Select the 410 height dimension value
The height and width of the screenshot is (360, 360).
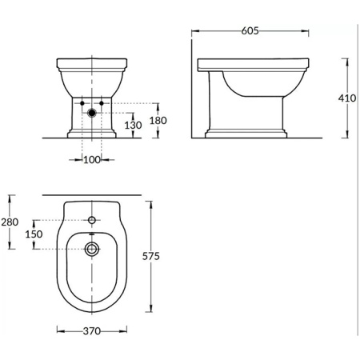click(x=346, y=98)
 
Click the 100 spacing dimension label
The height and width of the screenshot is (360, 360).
click(x=93, y=160)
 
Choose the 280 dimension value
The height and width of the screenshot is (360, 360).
click(x=10, y=222)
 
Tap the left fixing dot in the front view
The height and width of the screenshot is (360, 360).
click(x=83, y=103)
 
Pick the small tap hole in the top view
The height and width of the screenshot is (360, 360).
click(x=93, y=218)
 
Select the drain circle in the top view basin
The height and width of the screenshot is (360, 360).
click(x=93, y=249)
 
